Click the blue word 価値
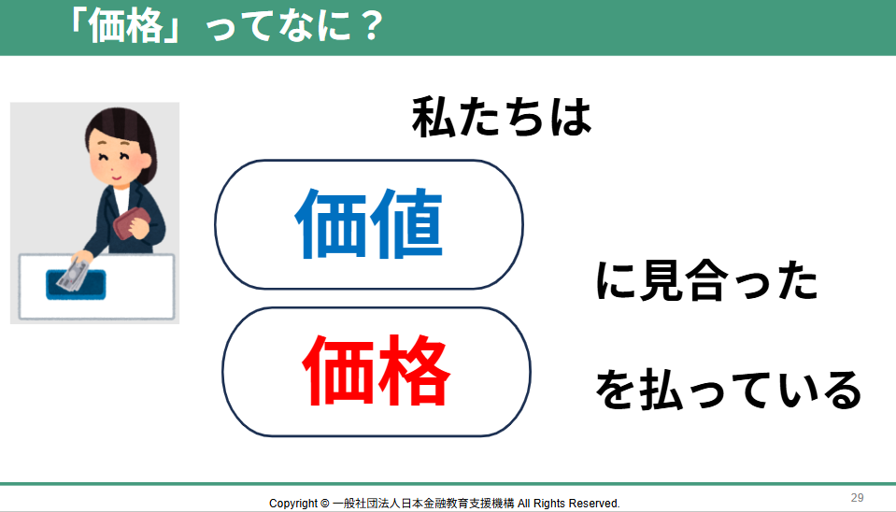pyautogui.click(x=368, y=223)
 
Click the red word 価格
pyautogui.click(x=376, y=371)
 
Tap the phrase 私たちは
pyautogui.click(x=502, y=117)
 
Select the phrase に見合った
pyautogui.click(x=707, y=280)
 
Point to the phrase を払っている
pyautogui.click(x=729, y=390)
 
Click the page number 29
pyautogui.click(x=857, y=498)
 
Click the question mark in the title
pyautogui.click(x=372, y=26)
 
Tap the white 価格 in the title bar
pyautogui.click(x=126, y=26)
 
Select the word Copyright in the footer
pyautogui.click(x=293, y=504)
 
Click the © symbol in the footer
pyautogui.click(x=324, y=504)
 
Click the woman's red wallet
pyautogui.click(x=132, y=223)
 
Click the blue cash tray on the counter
pyautogui.click(x=76, y=285)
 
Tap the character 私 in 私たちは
pyautogui.click(x=434, y=117)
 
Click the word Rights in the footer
pyautogui.click(x=549, y=504)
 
